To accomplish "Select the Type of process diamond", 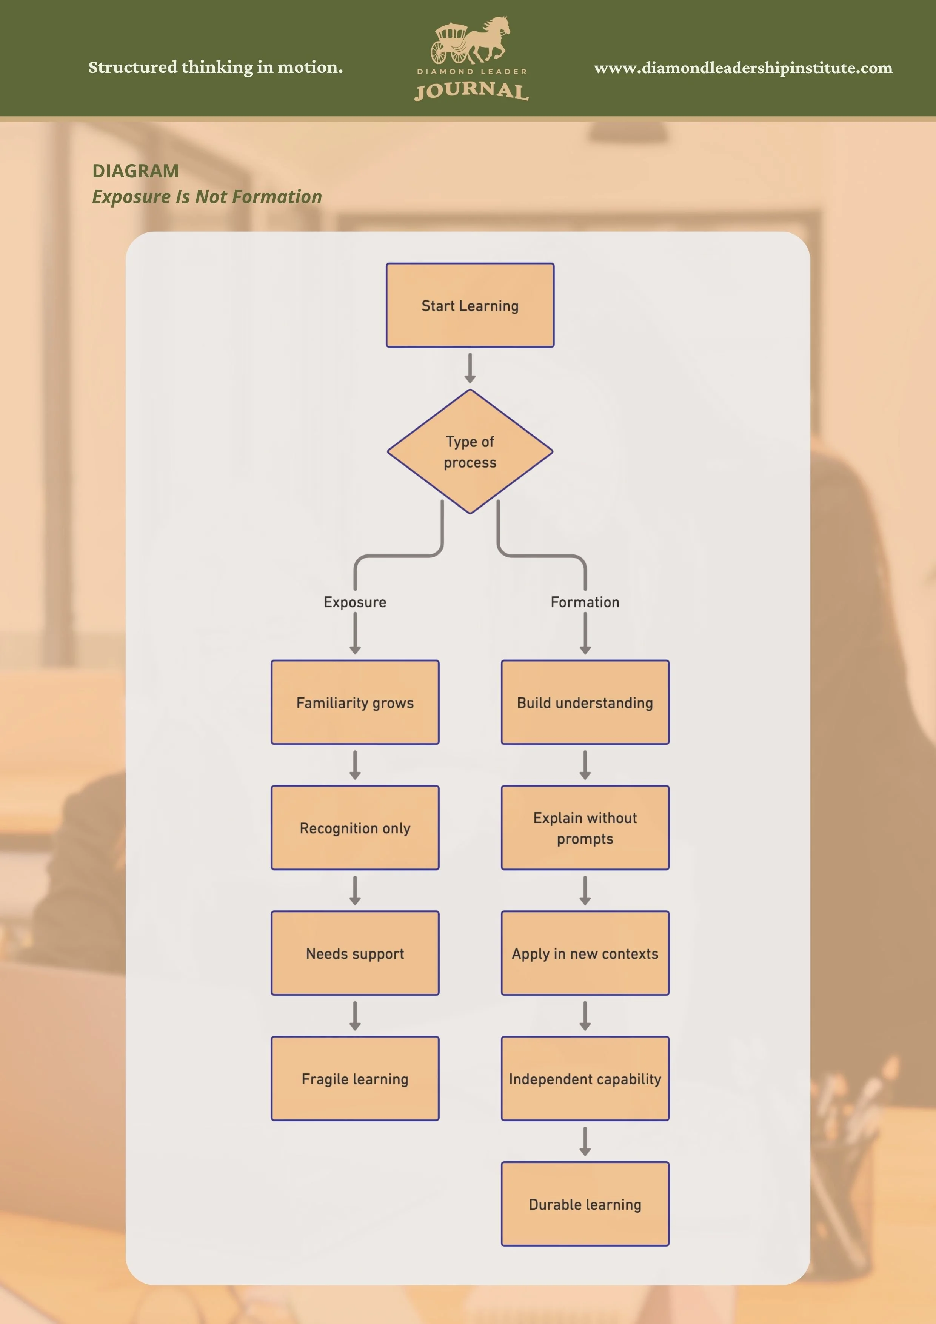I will point(470,451).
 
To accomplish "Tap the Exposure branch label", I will point(355,602).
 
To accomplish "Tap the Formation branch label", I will point(585,602).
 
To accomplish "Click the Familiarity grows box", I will point(355,702).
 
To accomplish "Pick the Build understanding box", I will point(585,702).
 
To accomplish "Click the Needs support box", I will point(355,953).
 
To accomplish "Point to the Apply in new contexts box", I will point(585,953).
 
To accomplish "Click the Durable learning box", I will point(585,1204).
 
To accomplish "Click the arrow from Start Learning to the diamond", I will point(470,368).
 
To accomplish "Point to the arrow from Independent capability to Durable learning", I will point(585,1141).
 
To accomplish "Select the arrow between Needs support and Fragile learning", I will point(355,1016).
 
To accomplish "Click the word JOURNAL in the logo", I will point(471,91).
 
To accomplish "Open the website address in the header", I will point(743,68).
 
